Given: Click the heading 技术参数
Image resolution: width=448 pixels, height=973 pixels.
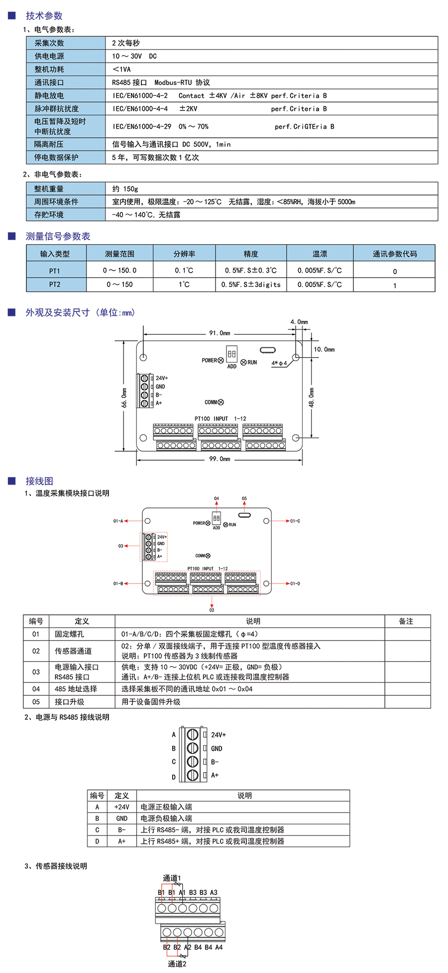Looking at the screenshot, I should (44, 16).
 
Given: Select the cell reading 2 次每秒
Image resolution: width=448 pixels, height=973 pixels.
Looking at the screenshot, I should (126, 43).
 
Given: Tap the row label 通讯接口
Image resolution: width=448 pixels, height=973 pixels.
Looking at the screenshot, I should (49, 83).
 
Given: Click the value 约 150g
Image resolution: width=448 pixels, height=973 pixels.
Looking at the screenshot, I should (125, 189).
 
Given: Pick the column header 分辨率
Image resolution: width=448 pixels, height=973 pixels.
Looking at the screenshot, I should (184, 254).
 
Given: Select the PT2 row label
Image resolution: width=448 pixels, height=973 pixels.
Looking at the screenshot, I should (55, 285).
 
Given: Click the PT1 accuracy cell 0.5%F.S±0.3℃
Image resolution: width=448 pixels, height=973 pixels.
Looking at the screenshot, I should (250, 271).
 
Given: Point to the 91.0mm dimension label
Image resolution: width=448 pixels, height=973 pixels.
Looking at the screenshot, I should (220, 333).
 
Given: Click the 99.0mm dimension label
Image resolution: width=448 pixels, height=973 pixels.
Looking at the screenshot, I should (220, 459).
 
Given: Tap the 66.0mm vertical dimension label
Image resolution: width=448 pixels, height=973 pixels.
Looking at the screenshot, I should (124, 397).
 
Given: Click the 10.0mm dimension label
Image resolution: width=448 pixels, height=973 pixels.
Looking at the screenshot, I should (324, 350).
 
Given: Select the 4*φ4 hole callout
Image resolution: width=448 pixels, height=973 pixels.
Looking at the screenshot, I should (279, 363).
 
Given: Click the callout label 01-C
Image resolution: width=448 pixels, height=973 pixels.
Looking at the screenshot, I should (295, 521).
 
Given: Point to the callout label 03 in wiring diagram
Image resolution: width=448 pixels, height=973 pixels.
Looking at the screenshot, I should (120, 546).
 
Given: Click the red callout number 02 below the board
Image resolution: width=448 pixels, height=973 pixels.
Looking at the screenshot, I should (212, 610).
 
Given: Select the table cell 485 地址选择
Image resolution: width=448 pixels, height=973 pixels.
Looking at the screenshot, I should (76, 689).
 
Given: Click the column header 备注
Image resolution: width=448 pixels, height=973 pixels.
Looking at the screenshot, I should (406, 621).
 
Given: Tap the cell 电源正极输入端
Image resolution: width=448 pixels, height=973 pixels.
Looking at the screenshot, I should (166, 807).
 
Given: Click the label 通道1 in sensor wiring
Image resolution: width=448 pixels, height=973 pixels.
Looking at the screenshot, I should (172, 878).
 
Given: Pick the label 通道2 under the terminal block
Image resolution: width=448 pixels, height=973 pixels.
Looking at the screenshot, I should (177, 964).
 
